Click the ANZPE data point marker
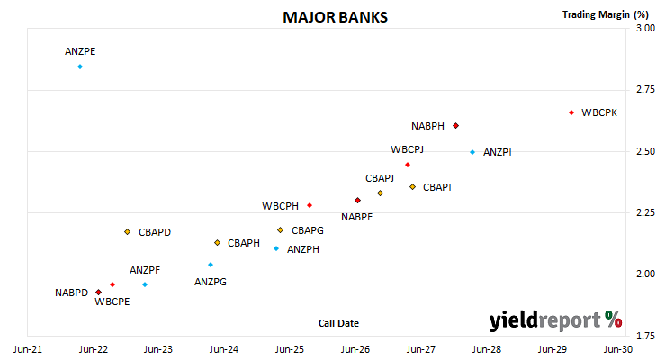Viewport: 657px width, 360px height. point(80,67)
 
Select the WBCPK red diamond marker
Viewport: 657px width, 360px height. point(571,112)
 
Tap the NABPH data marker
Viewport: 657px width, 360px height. point(456,126)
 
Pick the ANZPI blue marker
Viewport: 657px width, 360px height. point(472,152)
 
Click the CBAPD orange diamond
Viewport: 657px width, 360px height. point(128,232)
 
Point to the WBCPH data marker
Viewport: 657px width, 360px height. point(310,205)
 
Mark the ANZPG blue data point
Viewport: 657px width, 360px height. point(211,265)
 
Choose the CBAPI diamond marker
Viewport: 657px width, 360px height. point(413,187)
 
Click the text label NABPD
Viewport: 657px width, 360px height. point(72,292)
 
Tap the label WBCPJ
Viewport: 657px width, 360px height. point(408,149)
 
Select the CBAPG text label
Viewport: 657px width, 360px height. point(308,230)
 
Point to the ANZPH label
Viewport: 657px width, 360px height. point(303,249)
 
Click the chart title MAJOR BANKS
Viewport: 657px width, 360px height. point(335,17)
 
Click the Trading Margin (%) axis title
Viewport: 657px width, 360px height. point(606,14)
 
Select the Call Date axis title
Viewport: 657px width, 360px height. point(338,323)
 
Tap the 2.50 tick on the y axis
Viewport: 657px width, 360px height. point(645,151)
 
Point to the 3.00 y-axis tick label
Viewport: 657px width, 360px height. point(645,28)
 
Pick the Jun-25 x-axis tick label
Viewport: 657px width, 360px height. point(290,349)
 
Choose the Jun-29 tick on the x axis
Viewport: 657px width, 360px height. point(553,349)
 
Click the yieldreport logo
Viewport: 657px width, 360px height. point(555,320)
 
